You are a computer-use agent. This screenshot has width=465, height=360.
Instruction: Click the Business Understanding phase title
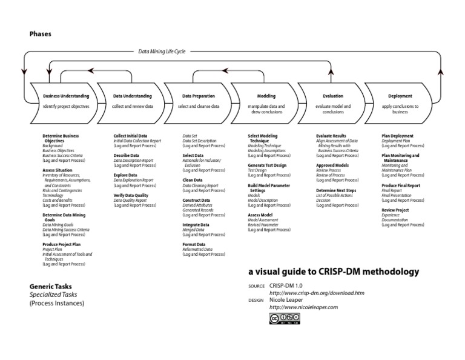click(66, 96)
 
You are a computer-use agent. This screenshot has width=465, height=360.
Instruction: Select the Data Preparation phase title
click(199, 96)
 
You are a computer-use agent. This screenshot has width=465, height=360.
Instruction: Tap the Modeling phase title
click(266, 96)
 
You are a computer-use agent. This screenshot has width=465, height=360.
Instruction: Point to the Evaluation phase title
click(333, 96)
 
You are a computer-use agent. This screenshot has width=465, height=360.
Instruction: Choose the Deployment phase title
click(400, 96)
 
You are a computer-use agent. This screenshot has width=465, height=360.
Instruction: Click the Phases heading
click(41, 34)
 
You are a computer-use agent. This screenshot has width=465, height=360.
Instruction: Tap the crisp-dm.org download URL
click(320, 293)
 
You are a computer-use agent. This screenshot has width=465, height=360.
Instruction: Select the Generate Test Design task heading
click(267, 165)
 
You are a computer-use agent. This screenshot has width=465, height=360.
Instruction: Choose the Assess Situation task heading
click(58, 170)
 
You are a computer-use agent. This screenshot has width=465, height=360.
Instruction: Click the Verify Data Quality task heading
click(131, 195)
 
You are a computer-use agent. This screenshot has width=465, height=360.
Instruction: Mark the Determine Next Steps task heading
click(336, 190)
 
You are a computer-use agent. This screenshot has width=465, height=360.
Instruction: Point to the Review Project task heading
click(395, 210)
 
